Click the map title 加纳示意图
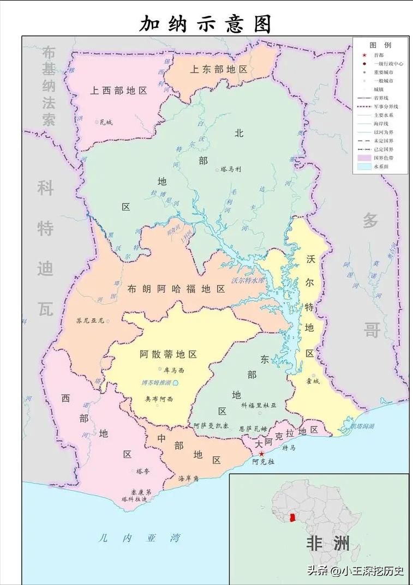tap(206, 24)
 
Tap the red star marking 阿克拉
tap(262, 454)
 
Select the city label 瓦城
tap(105, 123)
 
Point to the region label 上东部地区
tap(219, 70)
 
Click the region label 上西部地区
tap(119, 91)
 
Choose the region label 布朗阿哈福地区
tap(176, 289)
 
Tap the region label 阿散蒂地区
tap(168, 354)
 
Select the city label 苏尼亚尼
tap(90, 321)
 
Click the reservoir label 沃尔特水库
tap(248, 281)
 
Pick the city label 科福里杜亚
tap(259, 406)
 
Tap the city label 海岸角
tap(189, 479)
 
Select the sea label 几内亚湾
tap(139, 538)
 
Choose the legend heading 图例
tap(380, 45)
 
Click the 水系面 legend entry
tap(381, 166)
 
